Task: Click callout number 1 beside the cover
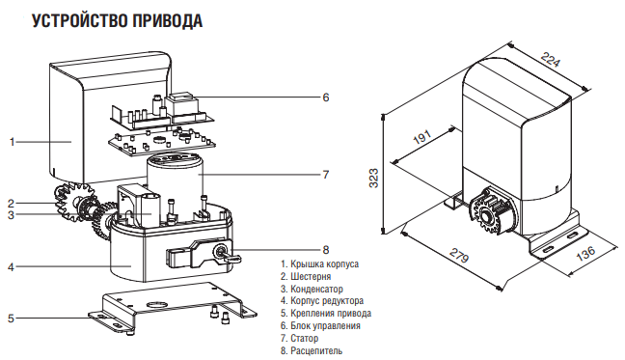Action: [x=13, y=142]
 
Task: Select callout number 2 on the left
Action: [x=11, y=204]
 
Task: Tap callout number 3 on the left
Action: [x=11, y=216]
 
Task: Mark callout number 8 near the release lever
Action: [x=326, y=249]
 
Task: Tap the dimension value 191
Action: [x=421, y=138]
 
